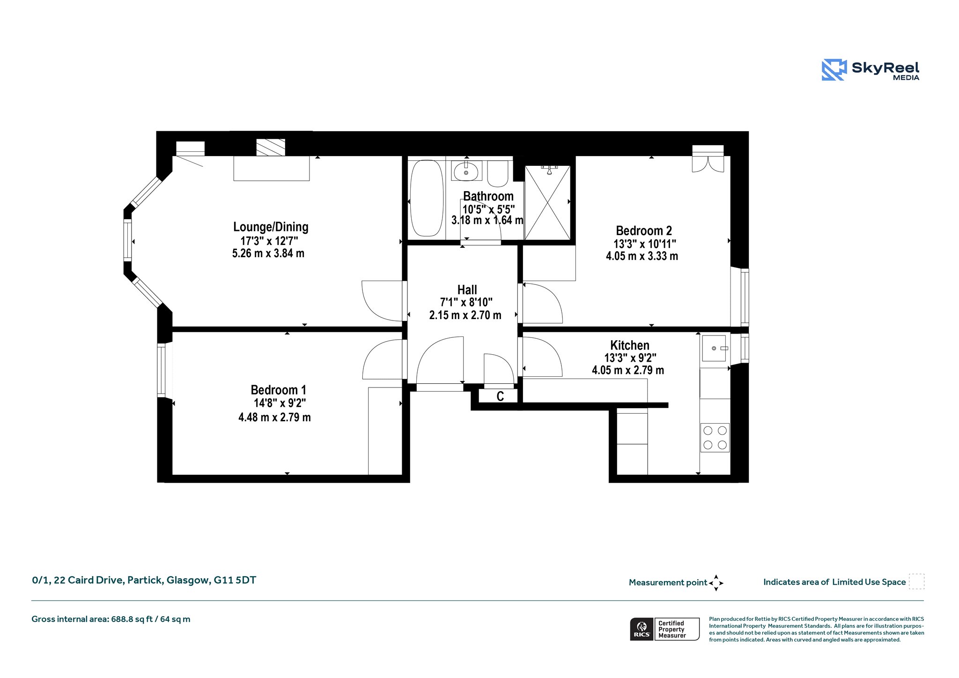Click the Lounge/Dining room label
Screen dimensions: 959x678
point(271,227)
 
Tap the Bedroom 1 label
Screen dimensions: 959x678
point(278,390)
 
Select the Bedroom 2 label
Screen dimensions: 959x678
point(644,231)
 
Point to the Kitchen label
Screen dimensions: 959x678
point(630,345)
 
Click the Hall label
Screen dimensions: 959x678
point(467,290)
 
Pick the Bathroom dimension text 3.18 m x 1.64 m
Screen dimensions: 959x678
point(487,220)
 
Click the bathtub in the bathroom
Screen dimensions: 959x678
point(427,198)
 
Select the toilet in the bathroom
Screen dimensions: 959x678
point(498,173)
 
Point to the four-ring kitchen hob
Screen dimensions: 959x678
point(715,438)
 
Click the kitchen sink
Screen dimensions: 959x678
point(713,348)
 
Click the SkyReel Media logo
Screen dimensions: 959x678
point(870,70)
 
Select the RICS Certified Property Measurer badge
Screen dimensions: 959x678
point(665,629)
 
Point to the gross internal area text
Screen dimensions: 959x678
point(111,619)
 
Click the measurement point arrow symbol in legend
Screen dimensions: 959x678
point(716,583)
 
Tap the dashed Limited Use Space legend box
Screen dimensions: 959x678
point(916,581)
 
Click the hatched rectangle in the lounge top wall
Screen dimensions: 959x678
point(271,147)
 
